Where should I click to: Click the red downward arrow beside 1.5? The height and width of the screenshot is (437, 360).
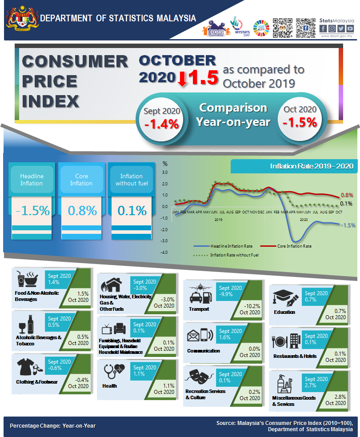point(182,79)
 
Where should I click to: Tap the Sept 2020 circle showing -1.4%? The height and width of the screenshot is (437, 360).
point(161,119)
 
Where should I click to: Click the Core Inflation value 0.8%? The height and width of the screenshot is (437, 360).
point(81,210)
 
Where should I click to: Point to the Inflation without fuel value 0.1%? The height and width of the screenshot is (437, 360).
point(132,210)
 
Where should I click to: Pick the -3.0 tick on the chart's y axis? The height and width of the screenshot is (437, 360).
point(164,241)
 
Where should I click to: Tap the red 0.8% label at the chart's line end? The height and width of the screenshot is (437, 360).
point(347,195)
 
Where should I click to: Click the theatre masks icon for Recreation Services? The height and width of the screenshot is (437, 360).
point(199,379)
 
